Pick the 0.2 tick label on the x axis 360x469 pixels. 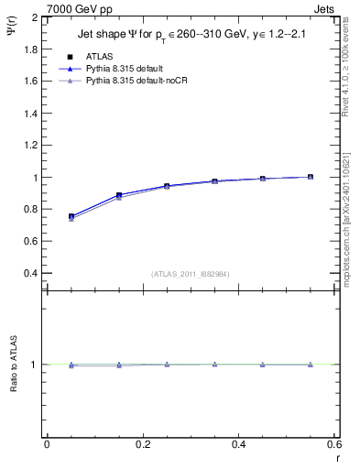pos(142,443)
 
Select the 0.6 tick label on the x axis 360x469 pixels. pos(334,443)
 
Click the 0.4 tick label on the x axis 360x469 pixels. pos(238,443)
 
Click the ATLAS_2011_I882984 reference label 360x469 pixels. pos(191,274)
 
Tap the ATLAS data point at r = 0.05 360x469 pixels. pos(71,217)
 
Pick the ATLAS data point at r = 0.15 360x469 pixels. pos(119,195)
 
